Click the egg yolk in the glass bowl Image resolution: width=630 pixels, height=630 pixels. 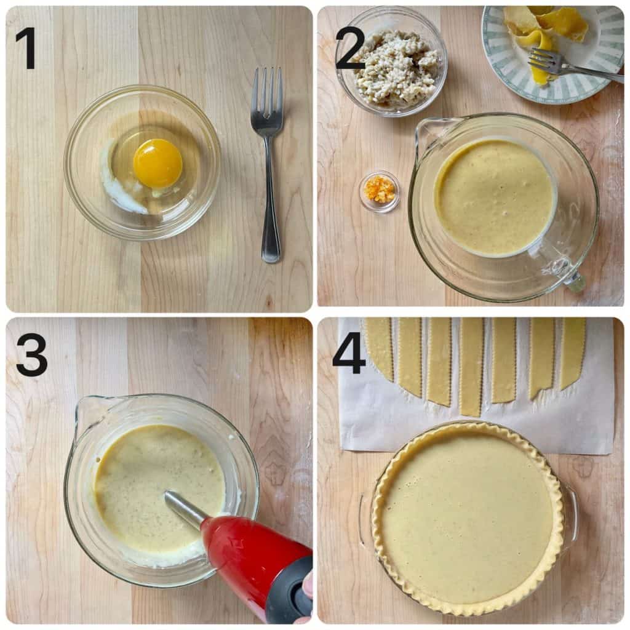(x=157, y=163)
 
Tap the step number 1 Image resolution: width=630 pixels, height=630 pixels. (x=26, y=48)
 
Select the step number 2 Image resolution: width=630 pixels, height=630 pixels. (x=349, y=48)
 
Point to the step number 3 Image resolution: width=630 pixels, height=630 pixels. (x=31, y=355)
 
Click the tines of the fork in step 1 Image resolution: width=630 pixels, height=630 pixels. (x=267, y=92)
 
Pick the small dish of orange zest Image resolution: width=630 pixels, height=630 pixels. (x=379, y=191)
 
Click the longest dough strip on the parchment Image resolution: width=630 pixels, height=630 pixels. (x=472, y=367)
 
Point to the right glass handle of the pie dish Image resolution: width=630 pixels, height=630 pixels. (x=571, y=517)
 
